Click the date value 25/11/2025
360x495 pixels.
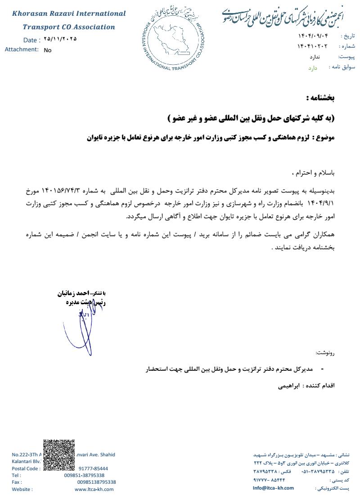(60, 39)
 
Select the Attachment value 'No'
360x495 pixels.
(48, 50)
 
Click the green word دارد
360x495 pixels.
(312, 67)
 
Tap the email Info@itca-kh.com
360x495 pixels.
(273, 488)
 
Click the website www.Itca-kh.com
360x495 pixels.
(94, 489)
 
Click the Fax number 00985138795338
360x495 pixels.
(96, 482)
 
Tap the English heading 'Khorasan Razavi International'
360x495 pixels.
(69, 13)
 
